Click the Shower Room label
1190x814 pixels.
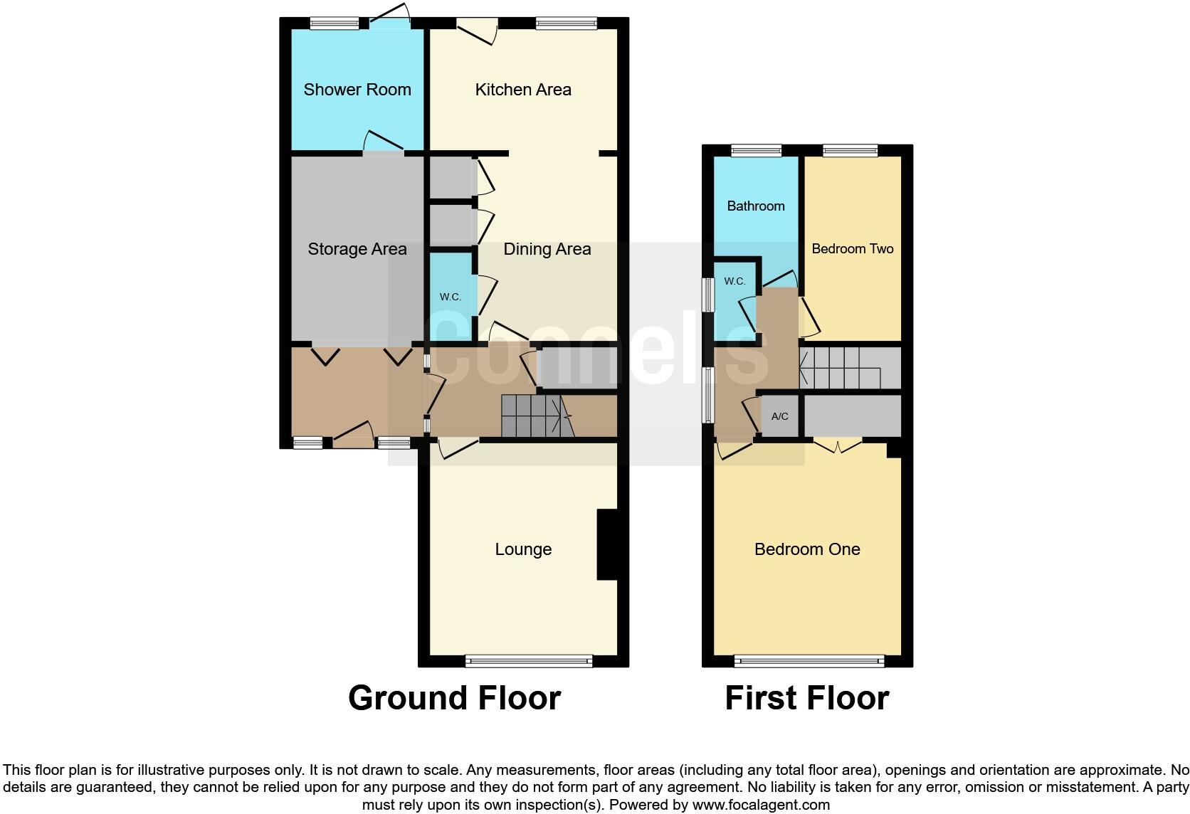tap(357, 90)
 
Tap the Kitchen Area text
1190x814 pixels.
tap(523, 90)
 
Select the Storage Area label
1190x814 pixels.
tap(357, 249)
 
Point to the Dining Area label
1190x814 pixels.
tap(547, 249)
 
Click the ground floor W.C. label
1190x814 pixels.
tap(450, 297)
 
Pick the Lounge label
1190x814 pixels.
tap(523, 549)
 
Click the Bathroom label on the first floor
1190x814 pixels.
tap(756, 206)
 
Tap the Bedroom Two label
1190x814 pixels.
tap(852, 249)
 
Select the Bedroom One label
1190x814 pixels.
tap(807, 549)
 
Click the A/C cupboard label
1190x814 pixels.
tap(780, 416)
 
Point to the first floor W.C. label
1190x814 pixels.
tap(734, 281)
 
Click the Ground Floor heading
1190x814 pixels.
tap(454, 698)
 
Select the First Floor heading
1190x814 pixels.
tap(806, 698)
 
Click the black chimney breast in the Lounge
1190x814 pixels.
tap(606, 545)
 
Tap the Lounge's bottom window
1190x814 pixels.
tap(529, 661)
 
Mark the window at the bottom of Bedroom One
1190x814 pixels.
tap(809, 661)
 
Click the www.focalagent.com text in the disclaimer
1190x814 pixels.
tap(761, 805)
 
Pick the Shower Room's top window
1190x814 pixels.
tap(335, 23)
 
